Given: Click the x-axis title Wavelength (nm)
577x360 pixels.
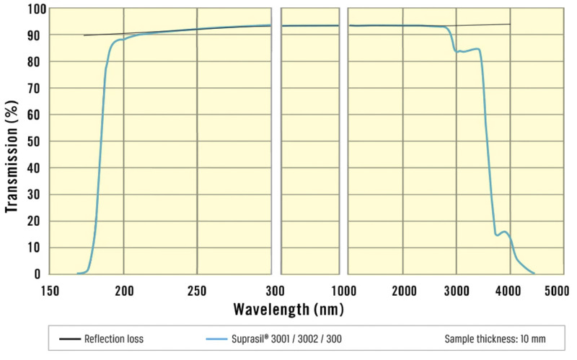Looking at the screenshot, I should click(x=288, y=309).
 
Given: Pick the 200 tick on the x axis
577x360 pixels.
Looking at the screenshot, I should click(x=124, y=291).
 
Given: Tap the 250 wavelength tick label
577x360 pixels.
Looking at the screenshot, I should click(x=197, y=291).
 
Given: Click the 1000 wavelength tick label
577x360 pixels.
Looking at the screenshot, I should click(x=343, y=291).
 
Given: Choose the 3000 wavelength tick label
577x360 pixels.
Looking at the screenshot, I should click(x=457, y=291).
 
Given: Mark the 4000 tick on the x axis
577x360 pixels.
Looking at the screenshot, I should click(x=510, y=291).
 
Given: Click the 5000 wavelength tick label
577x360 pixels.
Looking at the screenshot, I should click(x=556, y=291).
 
